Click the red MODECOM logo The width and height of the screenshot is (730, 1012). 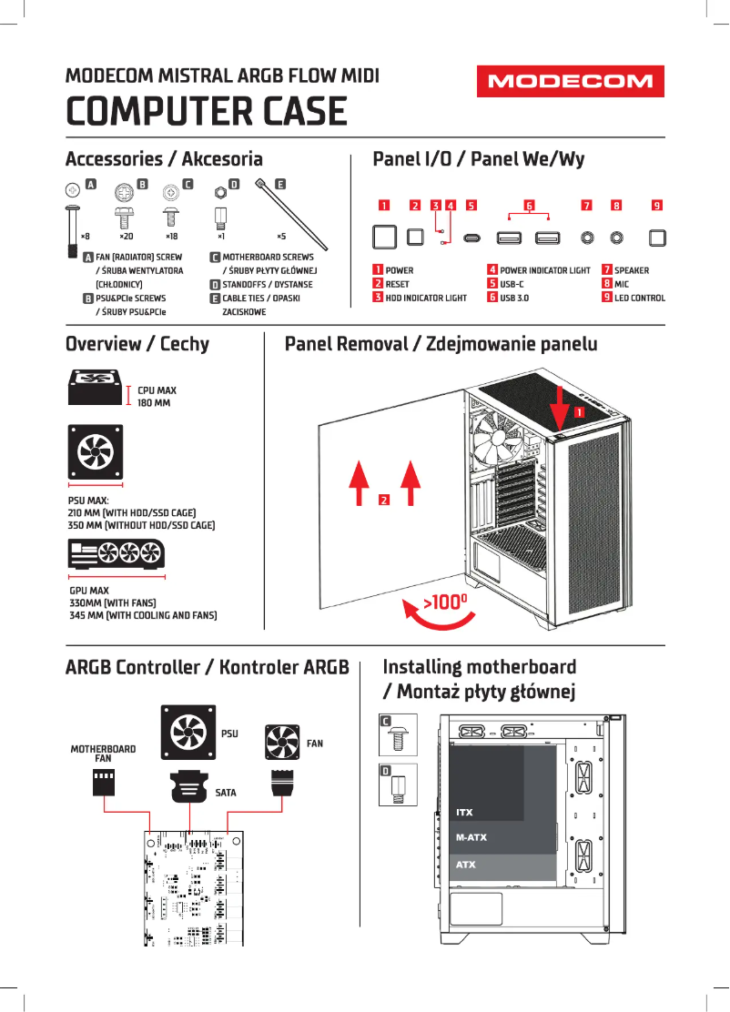point(571,82)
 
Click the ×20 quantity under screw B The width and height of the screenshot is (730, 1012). point(126,236)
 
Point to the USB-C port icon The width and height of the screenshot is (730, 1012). point(471,238)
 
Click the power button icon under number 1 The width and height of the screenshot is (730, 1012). point(385,238)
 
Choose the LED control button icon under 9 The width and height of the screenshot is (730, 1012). point(657,238)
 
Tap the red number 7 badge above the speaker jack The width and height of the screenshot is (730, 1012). point(587,205)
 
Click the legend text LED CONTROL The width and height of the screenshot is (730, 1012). point(639,298)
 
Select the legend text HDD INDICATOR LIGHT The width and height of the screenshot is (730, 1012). point(426,298)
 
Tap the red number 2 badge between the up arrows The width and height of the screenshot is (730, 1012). point(384,500)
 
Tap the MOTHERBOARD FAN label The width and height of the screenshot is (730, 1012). point(103,754)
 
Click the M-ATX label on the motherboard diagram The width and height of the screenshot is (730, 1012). point(471,837)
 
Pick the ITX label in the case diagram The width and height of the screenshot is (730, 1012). point(464,812)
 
